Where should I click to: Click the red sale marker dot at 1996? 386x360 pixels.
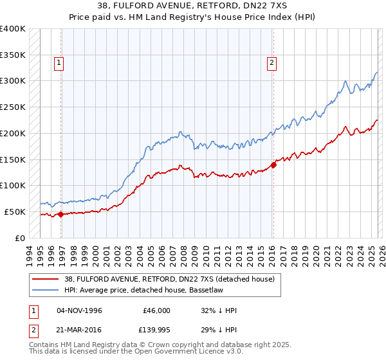click(60, 214)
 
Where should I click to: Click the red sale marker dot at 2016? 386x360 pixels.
click(273, 165)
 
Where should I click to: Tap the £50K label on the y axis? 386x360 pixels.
click(15, 212)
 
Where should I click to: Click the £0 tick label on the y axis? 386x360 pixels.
click(21, 238)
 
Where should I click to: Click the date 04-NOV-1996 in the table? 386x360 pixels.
click(79, 310)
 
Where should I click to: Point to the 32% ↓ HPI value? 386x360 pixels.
click(219, 310)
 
